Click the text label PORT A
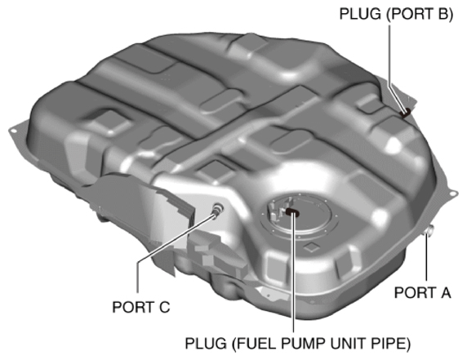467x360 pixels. [421, 291]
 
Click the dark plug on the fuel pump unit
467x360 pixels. [291, 214]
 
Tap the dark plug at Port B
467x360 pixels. [403, 110]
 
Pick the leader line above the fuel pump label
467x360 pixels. [291, 278]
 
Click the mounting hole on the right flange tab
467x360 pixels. [449, 192]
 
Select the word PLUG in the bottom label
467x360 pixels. [207, 342]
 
